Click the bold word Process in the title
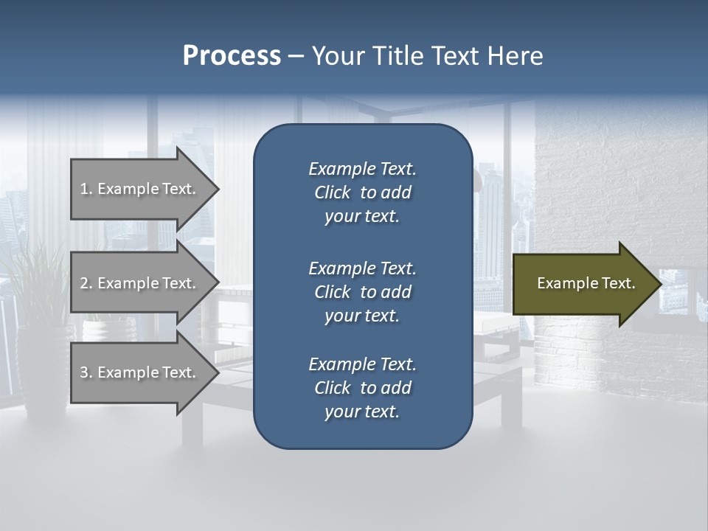point(232,56)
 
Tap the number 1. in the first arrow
point(86,189)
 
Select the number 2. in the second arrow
point(86,283)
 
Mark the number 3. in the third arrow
point(86,372)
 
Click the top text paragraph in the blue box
point(362,192)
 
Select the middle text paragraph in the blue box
point(362,291)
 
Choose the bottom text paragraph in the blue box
point(362,388)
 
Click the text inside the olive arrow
point(586,283)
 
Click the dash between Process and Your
point(296,56)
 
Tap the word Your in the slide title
point(336,56)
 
